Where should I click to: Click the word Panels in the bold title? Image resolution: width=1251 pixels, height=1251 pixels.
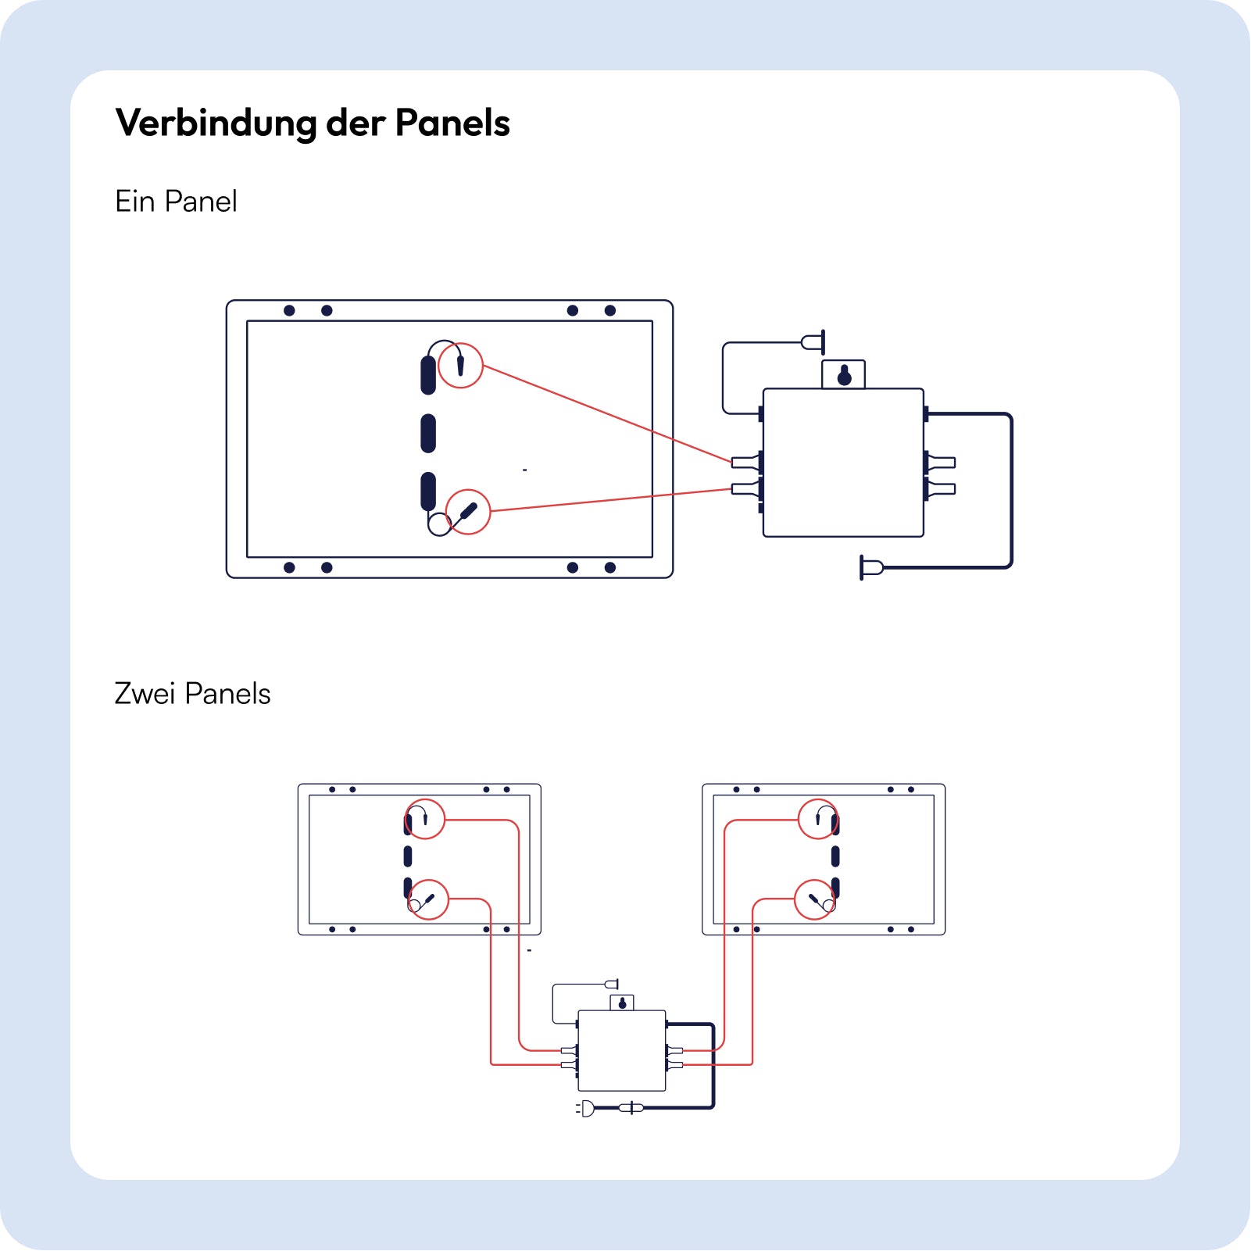(x=452, y=123)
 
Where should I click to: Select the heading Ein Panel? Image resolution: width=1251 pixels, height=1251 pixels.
(x=176, y=202)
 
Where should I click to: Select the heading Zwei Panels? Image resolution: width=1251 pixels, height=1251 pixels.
(x=192, y=694)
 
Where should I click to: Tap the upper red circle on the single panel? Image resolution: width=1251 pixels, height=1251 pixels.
(x=460, y=365)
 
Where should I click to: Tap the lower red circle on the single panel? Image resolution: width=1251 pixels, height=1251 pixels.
(x=467, y=512)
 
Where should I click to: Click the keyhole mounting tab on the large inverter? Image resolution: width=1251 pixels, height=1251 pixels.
(x=844, y=375)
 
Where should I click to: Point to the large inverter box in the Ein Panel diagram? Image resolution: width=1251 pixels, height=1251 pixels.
(x=843, y=463)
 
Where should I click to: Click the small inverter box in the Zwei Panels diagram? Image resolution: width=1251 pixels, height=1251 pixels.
(x=621, y=1050)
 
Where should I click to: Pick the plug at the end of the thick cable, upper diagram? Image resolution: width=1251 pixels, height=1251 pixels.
(x=871, y=567)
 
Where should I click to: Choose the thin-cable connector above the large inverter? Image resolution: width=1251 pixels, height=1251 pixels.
(x=814, y=341)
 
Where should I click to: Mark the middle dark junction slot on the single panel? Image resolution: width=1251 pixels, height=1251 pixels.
(x=428, y=433)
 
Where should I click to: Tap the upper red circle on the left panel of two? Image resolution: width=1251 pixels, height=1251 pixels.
(x=425, y=819)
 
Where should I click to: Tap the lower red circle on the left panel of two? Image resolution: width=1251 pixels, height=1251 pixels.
(x=429, y=899)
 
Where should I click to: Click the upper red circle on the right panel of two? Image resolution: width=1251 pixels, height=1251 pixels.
(x=818, y=819)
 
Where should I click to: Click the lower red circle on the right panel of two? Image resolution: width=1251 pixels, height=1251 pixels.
(x=814, y=899)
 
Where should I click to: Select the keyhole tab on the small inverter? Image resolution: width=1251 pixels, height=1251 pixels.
(x=622, y=1003)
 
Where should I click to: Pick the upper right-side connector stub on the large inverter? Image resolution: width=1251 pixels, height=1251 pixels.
(x=941, y=463)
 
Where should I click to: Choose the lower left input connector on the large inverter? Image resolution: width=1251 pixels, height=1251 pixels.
(x=745, y=489)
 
